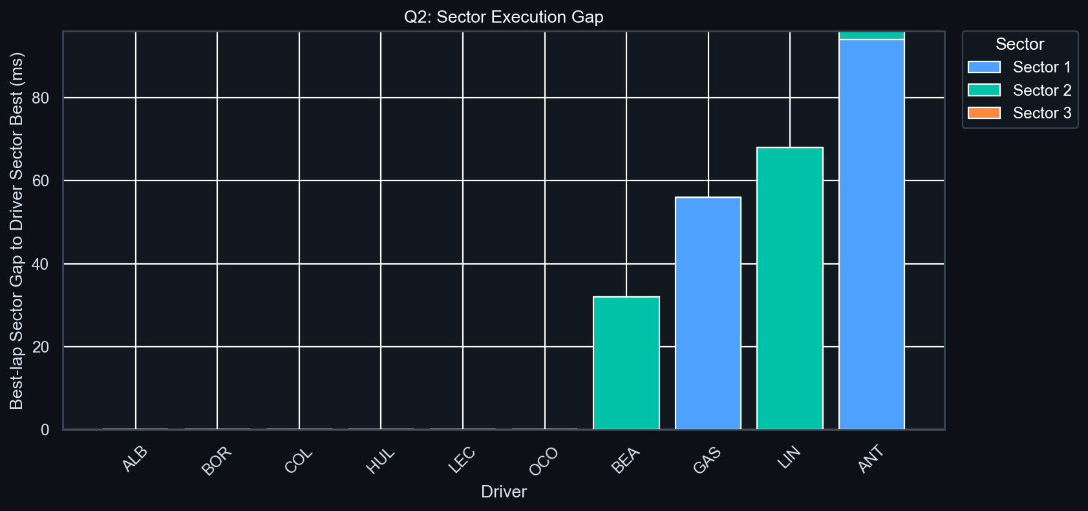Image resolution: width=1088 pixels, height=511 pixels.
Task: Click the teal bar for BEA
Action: point(626,363)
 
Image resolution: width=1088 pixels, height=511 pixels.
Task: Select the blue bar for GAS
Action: point(708,313)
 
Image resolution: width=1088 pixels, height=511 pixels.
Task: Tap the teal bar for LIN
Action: point(789,288)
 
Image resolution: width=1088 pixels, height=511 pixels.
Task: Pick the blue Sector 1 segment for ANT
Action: point(871,234)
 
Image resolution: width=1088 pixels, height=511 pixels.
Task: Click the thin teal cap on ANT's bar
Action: point(871,36)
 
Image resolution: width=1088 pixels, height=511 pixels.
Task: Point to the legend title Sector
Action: point(1019,44)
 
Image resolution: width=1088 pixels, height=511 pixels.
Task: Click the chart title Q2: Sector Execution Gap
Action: point(504,17)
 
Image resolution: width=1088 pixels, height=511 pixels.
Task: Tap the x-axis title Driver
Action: point(504,492)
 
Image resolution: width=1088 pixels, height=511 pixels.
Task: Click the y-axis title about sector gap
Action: point(17,231)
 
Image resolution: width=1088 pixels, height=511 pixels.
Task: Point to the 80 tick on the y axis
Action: point(41,98)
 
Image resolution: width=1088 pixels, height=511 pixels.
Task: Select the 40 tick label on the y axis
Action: point(41,264)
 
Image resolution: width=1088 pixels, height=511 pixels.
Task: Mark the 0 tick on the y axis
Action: point(45,430)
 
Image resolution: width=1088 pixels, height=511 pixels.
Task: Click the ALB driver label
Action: point(135,459)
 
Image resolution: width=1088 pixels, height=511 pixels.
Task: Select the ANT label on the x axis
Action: point(870,460)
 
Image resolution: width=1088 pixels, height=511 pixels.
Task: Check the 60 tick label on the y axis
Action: point(41,180)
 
